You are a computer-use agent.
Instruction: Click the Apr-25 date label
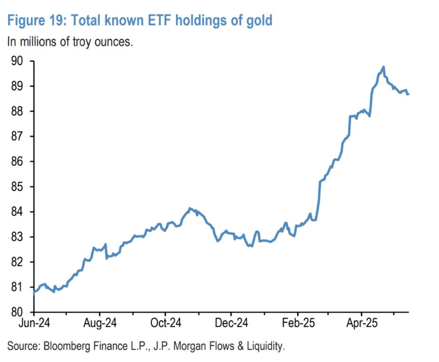point(361,324)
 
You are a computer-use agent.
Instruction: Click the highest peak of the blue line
point(383,67)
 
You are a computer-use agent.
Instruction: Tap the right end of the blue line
point(409,94)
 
